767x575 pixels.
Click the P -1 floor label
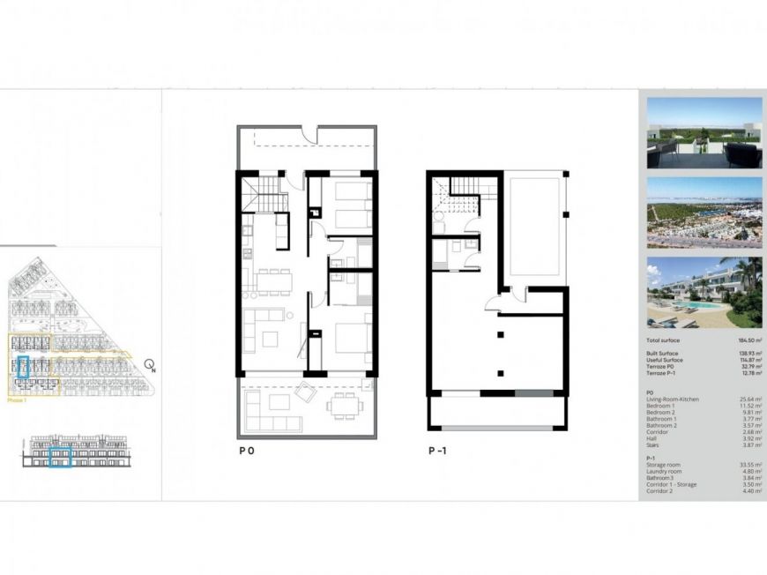(x=437, y=451)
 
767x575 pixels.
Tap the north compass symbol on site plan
(x=150, y=364)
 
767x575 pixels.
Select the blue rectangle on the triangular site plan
(x=23, y=366)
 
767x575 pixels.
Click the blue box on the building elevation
(x=60, y=457)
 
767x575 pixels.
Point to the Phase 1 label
(x=17, y=400)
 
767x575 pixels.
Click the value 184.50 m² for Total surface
(x=750, y=340)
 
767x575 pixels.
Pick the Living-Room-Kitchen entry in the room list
(x=672, y=400)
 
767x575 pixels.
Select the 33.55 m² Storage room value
(x=750, y=465)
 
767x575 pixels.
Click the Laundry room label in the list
(x=664, y=472)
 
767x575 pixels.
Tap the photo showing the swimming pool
(x=704, y=292)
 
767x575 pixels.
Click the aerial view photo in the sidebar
(x=704, y=213)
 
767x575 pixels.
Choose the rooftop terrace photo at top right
(x=704, y=132)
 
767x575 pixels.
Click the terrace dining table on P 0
(x=344, y=404)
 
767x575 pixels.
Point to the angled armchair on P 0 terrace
(x=308, y=392)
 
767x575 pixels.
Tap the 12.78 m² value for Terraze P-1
(x=750, y=374)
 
